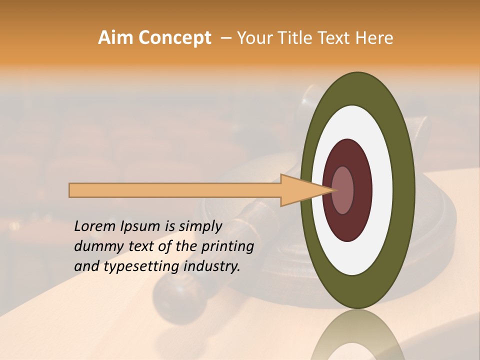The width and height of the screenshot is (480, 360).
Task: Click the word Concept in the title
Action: (x=174, y=38)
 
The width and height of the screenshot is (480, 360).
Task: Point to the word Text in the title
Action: (x=340, y=38)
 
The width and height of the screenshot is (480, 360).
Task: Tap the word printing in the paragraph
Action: (x=227, y=246)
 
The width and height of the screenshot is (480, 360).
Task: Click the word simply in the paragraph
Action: (x=200, y=226)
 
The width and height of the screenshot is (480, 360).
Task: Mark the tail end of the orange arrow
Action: (x=72, y=190)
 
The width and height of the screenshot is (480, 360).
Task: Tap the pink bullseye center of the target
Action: (x=342, y=190)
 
